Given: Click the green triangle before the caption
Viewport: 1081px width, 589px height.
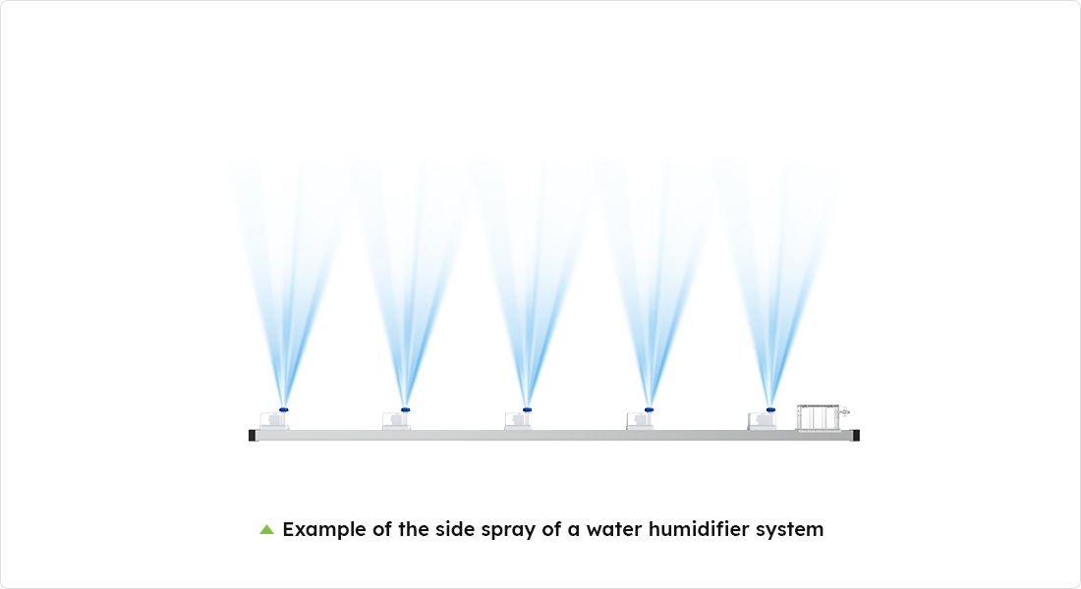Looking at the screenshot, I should [266, 529].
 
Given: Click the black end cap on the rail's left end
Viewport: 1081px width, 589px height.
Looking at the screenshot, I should [253, 435].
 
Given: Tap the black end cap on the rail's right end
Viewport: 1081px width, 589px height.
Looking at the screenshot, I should [856, 435].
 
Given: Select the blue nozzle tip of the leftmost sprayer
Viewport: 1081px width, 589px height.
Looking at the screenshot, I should [283, 409].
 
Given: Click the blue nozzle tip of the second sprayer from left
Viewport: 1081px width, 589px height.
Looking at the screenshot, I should [405, 409].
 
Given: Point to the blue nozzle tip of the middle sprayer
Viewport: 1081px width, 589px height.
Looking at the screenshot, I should [527, 409].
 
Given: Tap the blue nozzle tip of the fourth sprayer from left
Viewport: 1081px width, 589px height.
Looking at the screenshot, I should [649, 409].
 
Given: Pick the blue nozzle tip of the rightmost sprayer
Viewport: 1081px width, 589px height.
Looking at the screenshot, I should [770, 409].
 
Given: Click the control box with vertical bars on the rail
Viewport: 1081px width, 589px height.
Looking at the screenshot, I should [819, 418].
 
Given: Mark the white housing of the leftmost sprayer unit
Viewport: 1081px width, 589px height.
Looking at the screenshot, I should [274, 421].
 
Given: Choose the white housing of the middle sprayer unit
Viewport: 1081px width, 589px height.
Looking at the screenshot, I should [518, 421].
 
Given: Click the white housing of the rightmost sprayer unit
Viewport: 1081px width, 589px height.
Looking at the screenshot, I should [762, 421].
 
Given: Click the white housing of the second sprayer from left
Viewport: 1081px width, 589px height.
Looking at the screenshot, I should [396, 421].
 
